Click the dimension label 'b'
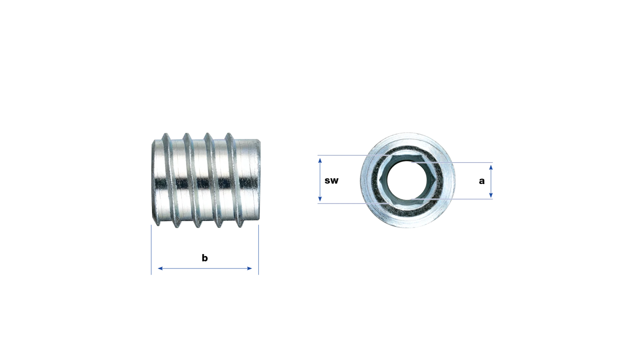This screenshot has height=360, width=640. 205,258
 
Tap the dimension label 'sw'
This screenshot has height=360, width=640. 331,181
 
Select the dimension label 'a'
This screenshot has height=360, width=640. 482,181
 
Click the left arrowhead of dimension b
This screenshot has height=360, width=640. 160,268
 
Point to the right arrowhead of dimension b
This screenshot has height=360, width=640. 250,268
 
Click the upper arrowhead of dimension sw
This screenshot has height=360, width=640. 320,161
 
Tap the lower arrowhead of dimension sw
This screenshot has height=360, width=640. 320,199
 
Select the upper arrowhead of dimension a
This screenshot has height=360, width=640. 491,167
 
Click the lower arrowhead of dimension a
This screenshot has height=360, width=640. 491,195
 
